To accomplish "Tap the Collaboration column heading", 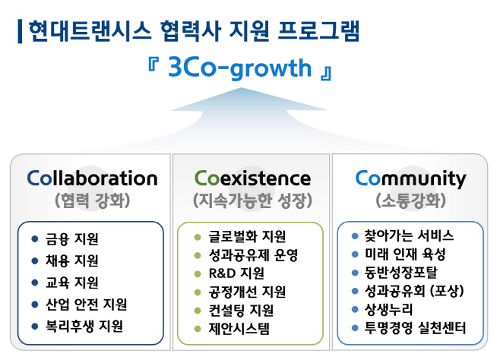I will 92,178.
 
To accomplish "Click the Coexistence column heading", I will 252,178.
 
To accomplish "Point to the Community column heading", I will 410,178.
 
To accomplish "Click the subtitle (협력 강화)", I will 91,202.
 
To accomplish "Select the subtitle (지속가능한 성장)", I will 252,202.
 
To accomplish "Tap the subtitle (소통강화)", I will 410,202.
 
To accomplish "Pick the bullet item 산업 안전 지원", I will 85,305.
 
